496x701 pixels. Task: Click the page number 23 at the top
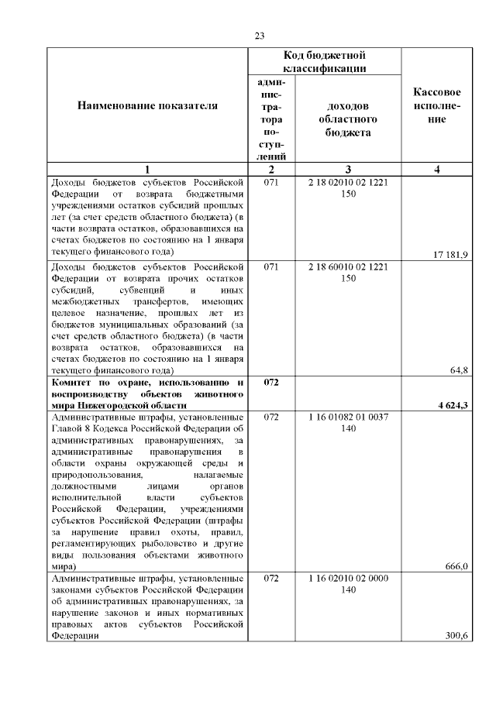coord(259,36)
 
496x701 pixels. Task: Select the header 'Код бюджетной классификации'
coord(325,62)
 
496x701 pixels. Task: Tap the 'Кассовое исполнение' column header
coord(438,106)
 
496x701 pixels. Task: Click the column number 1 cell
coord(147,169)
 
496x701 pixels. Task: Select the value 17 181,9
coord(450,254)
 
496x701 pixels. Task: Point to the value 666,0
coord(455,566)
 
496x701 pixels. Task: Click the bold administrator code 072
coord(270,383)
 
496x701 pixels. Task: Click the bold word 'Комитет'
coord(73,383)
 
